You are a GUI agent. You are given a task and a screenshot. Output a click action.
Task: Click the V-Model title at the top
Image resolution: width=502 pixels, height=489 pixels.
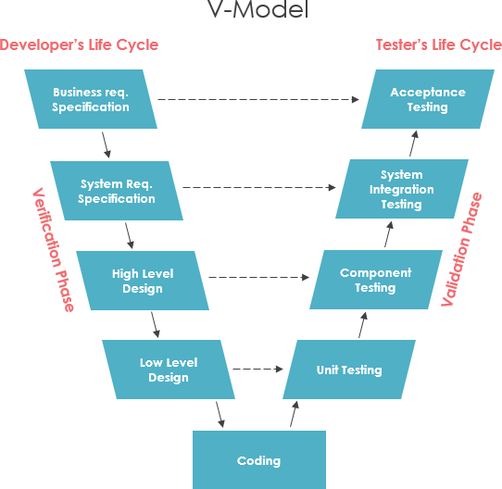250,13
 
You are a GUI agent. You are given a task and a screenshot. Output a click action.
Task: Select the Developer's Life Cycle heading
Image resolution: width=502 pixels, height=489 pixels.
79,44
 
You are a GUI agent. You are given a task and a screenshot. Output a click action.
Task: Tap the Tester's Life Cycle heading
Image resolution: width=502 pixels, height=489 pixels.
438,44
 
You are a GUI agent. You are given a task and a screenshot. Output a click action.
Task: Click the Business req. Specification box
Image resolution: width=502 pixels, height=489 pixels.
91,99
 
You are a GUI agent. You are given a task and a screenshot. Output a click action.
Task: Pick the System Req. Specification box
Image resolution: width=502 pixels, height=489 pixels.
117,191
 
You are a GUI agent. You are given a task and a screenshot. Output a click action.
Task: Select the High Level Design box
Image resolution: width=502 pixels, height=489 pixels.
143,281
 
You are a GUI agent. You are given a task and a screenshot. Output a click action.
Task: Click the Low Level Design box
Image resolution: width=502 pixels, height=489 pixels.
169,370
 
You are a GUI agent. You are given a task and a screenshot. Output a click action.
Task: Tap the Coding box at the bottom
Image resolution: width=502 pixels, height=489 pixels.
258,459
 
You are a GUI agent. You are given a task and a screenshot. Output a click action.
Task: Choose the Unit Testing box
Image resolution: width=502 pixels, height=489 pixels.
348,370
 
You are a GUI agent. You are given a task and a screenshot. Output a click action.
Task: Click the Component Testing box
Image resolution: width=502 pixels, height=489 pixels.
375,281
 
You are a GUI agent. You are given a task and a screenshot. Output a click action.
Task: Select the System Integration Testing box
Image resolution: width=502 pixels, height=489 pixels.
401,189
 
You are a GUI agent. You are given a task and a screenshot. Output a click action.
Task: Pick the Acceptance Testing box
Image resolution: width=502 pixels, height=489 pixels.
427,99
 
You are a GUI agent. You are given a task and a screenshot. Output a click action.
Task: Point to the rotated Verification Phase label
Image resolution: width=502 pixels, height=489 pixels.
54,250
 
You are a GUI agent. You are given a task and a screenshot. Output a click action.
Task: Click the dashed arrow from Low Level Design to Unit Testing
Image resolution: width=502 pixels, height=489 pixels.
257,370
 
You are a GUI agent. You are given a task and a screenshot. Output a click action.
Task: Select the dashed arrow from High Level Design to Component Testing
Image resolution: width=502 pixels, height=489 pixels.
258,277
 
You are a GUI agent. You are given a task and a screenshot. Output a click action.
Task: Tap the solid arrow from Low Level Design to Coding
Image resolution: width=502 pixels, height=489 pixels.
220,414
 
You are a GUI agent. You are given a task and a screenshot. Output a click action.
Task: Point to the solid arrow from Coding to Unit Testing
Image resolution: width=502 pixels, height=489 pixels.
294,414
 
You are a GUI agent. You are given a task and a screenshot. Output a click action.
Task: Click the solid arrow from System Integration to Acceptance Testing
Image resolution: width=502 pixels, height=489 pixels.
414,144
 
